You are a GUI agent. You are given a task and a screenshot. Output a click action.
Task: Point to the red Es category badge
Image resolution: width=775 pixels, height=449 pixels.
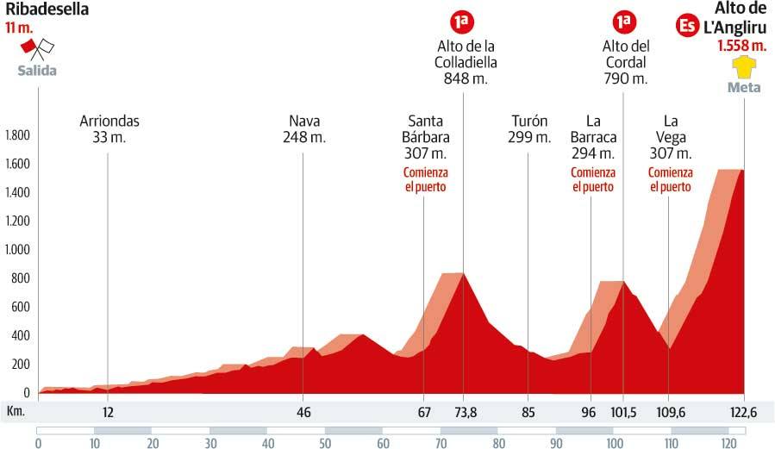(687, 25)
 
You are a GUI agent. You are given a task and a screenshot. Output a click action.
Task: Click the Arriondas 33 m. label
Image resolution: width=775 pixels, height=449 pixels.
(109, 128)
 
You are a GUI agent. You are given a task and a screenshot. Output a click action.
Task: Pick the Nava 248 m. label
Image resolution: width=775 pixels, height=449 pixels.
(303, 128)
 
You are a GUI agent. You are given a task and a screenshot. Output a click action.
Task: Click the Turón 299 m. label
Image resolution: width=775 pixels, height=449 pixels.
(529, 128)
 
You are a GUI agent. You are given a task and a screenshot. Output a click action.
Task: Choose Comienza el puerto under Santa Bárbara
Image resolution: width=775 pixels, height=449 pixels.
(424, 179)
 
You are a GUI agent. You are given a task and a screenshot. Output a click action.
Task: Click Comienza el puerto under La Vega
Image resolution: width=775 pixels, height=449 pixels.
(670, 179)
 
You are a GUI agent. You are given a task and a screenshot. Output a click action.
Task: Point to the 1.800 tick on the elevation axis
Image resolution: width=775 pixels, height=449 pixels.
(17, 135)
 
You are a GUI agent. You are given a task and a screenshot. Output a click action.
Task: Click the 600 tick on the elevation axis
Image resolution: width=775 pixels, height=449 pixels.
(21, 308)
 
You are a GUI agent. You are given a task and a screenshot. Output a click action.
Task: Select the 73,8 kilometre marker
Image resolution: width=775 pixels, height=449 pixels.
(466, 412)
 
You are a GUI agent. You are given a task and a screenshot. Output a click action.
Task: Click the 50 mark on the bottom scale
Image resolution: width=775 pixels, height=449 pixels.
(325, 444)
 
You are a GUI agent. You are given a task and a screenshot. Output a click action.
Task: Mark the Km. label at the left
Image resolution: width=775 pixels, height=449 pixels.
(16, 411)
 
